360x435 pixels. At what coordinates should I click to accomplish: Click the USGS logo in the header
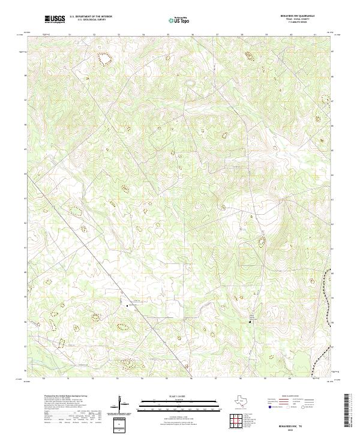[x=55, y=19]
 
